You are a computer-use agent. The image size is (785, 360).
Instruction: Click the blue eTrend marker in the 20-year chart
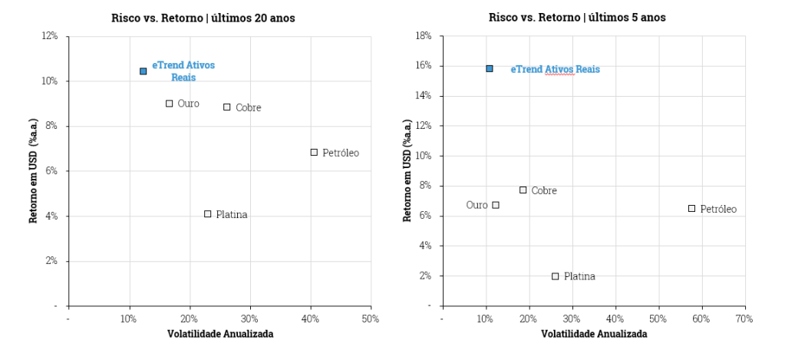click(x=143, y=71)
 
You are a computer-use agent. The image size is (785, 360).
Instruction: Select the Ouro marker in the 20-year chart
click(x=169, y=104)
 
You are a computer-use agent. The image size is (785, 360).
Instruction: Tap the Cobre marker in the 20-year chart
click(x=227, y=107)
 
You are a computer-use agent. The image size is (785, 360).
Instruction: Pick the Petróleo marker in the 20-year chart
click(x=314, y=152)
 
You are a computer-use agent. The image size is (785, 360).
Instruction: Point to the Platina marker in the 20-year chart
click(x=207, y=214)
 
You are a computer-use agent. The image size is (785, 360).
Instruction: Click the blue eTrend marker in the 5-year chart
click(x=489, y=69)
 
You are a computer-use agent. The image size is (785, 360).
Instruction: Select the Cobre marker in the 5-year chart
click(x=523, y=190)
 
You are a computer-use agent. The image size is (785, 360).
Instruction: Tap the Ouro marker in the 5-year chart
click(x=496, y=205)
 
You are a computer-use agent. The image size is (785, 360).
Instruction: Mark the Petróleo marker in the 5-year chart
click(x=691, y=208)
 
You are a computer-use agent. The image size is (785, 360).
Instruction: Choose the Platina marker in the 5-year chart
click(x=555, y=276)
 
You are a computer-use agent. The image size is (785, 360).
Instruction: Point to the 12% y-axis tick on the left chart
click(x=50, y=36)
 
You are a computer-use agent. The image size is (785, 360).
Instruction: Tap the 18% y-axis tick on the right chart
click(x=424, y=36)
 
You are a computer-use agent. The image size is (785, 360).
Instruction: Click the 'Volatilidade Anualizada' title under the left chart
click(x=220, y=334)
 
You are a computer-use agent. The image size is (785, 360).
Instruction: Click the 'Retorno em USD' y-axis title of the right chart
click(x=407, y=170)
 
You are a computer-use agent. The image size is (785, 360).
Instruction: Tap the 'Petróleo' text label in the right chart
click(x=718, y=209)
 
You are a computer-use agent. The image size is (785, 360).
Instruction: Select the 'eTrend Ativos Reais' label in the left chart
click(x=183, y=71)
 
